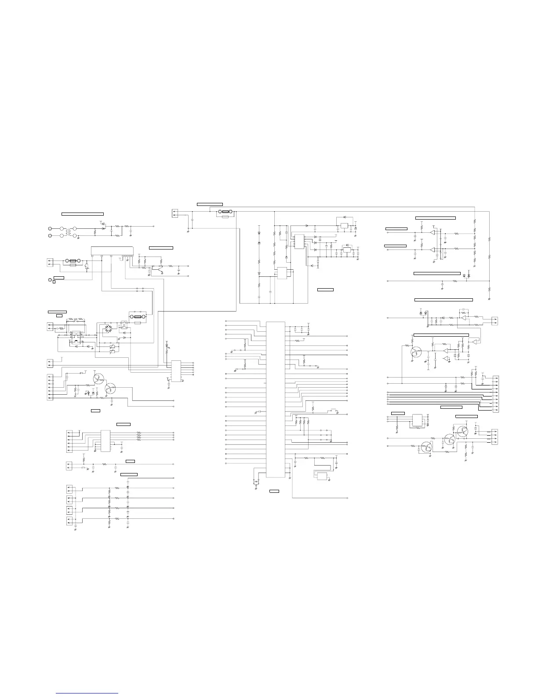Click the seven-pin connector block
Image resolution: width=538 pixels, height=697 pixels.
(49, 387)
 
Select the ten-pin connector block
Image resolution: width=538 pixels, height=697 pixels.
(496, 394)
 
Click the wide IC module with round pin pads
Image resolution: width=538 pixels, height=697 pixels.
(112, 250)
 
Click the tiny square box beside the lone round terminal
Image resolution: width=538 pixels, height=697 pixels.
(54, 282)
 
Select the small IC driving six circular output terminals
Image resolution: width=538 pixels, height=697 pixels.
(176, 371)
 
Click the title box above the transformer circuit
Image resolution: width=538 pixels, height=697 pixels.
(83, 214)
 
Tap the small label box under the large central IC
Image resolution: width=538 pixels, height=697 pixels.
(274, 490)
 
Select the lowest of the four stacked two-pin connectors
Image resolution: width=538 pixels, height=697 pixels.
(69, 521)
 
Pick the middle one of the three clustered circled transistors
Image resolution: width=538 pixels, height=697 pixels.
(450, 440)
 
